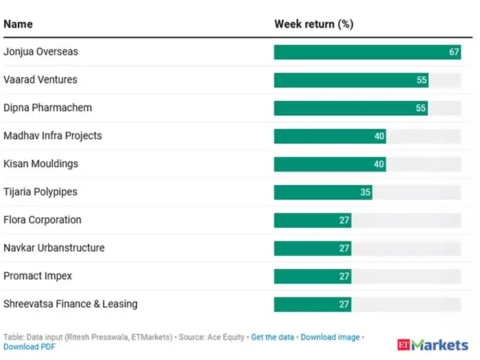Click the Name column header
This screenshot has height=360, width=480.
click(x=18, y=24)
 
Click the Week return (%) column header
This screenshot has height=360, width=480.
click(x=313, y=24)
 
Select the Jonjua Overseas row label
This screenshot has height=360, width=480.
click(x=40, y=52)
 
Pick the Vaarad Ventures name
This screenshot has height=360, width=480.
click(x=40, y=80)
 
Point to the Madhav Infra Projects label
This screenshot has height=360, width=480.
click(x=53, y=136)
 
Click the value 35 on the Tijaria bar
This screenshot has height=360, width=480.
click(x=365, y=192)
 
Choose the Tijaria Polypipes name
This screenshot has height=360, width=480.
click(x=40, y=192)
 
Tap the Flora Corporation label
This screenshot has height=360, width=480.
click(x=43, y=220)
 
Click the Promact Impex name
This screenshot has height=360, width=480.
click(x=38, y=276)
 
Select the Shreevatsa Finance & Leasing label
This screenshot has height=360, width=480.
click(x=71, y=304)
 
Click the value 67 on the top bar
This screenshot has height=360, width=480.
click(x=454, y=52)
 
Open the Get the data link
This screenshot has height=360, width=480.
click(x=272, y=337)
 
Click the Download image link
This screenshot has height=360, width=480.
click(x=330, y=337)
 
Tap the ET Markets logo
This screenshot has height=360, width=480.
click(x=432, y=345)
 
